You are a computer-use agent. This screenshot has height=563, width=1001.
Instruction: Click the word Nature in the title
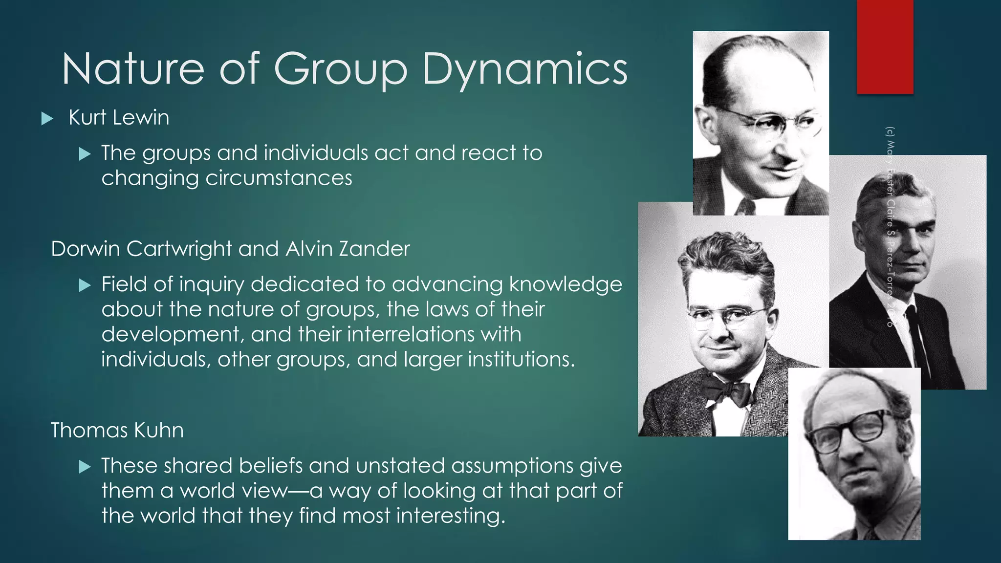[x=132, y=69]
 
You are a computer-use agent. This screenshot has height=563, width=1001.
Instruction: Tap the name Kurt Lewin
[x=119, y=118]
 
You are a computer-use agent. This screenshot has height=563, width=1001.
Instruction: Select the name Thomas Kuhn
[x=117, y=431]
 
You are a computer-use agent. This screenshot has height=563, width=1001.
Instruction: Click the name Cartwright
[x=179, y=249]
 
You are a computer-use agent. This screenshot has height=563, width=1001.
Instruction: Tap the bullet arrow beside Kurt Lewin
[x=47, y=118]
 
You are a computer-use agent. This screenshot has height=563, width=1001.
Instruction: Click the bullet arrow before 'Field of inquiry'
[x=85, y=285]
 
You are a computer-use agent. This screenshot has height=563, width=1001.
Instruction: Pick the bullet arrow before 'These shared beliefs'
[x=85, y=467]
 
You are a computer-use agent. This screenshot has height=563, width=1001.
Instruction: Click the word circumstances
[x=279, y=178]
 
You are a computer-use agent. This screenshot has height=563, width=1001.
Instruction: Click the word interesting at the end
[x=450, y=516]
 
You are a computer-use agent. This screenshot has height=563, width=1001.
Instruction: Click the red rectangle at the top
[x=885, y=46]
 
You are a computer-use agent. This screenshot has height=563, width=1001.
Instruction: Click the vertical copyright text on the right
[x=890, y=227]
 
